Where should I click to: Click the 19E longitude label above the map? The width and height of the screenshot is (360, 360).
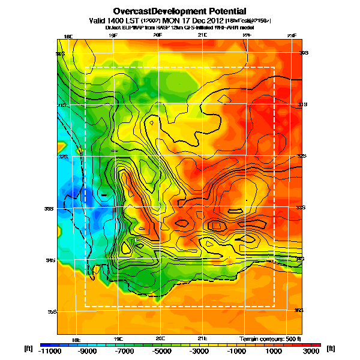point(113,36)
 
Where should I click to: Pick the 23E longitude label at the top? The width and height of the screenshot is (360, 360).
point(292,36)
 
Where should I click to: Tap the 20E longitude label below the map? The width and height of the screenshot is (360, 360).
point(160,338)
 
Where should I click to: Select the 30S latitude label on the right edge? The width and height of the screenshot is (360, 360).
point(304,53)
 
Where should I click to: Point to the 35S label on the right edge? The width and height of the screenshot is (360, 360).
point(299,310)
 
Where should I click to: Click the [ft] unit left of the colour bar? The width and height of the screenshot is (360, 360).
point(28,348)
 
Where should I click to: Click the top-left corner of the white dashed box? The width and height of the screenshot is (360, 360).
point(85,67)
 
